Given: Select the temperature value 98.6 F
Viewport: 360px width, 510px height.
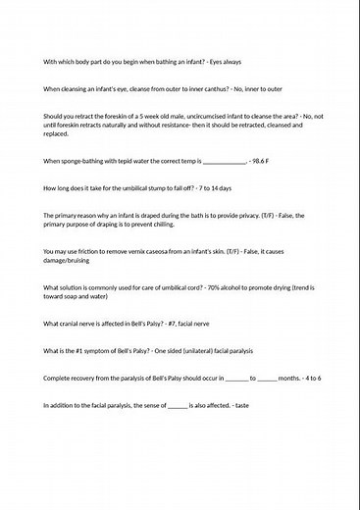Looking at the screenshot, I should click(x=265, y=161).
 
